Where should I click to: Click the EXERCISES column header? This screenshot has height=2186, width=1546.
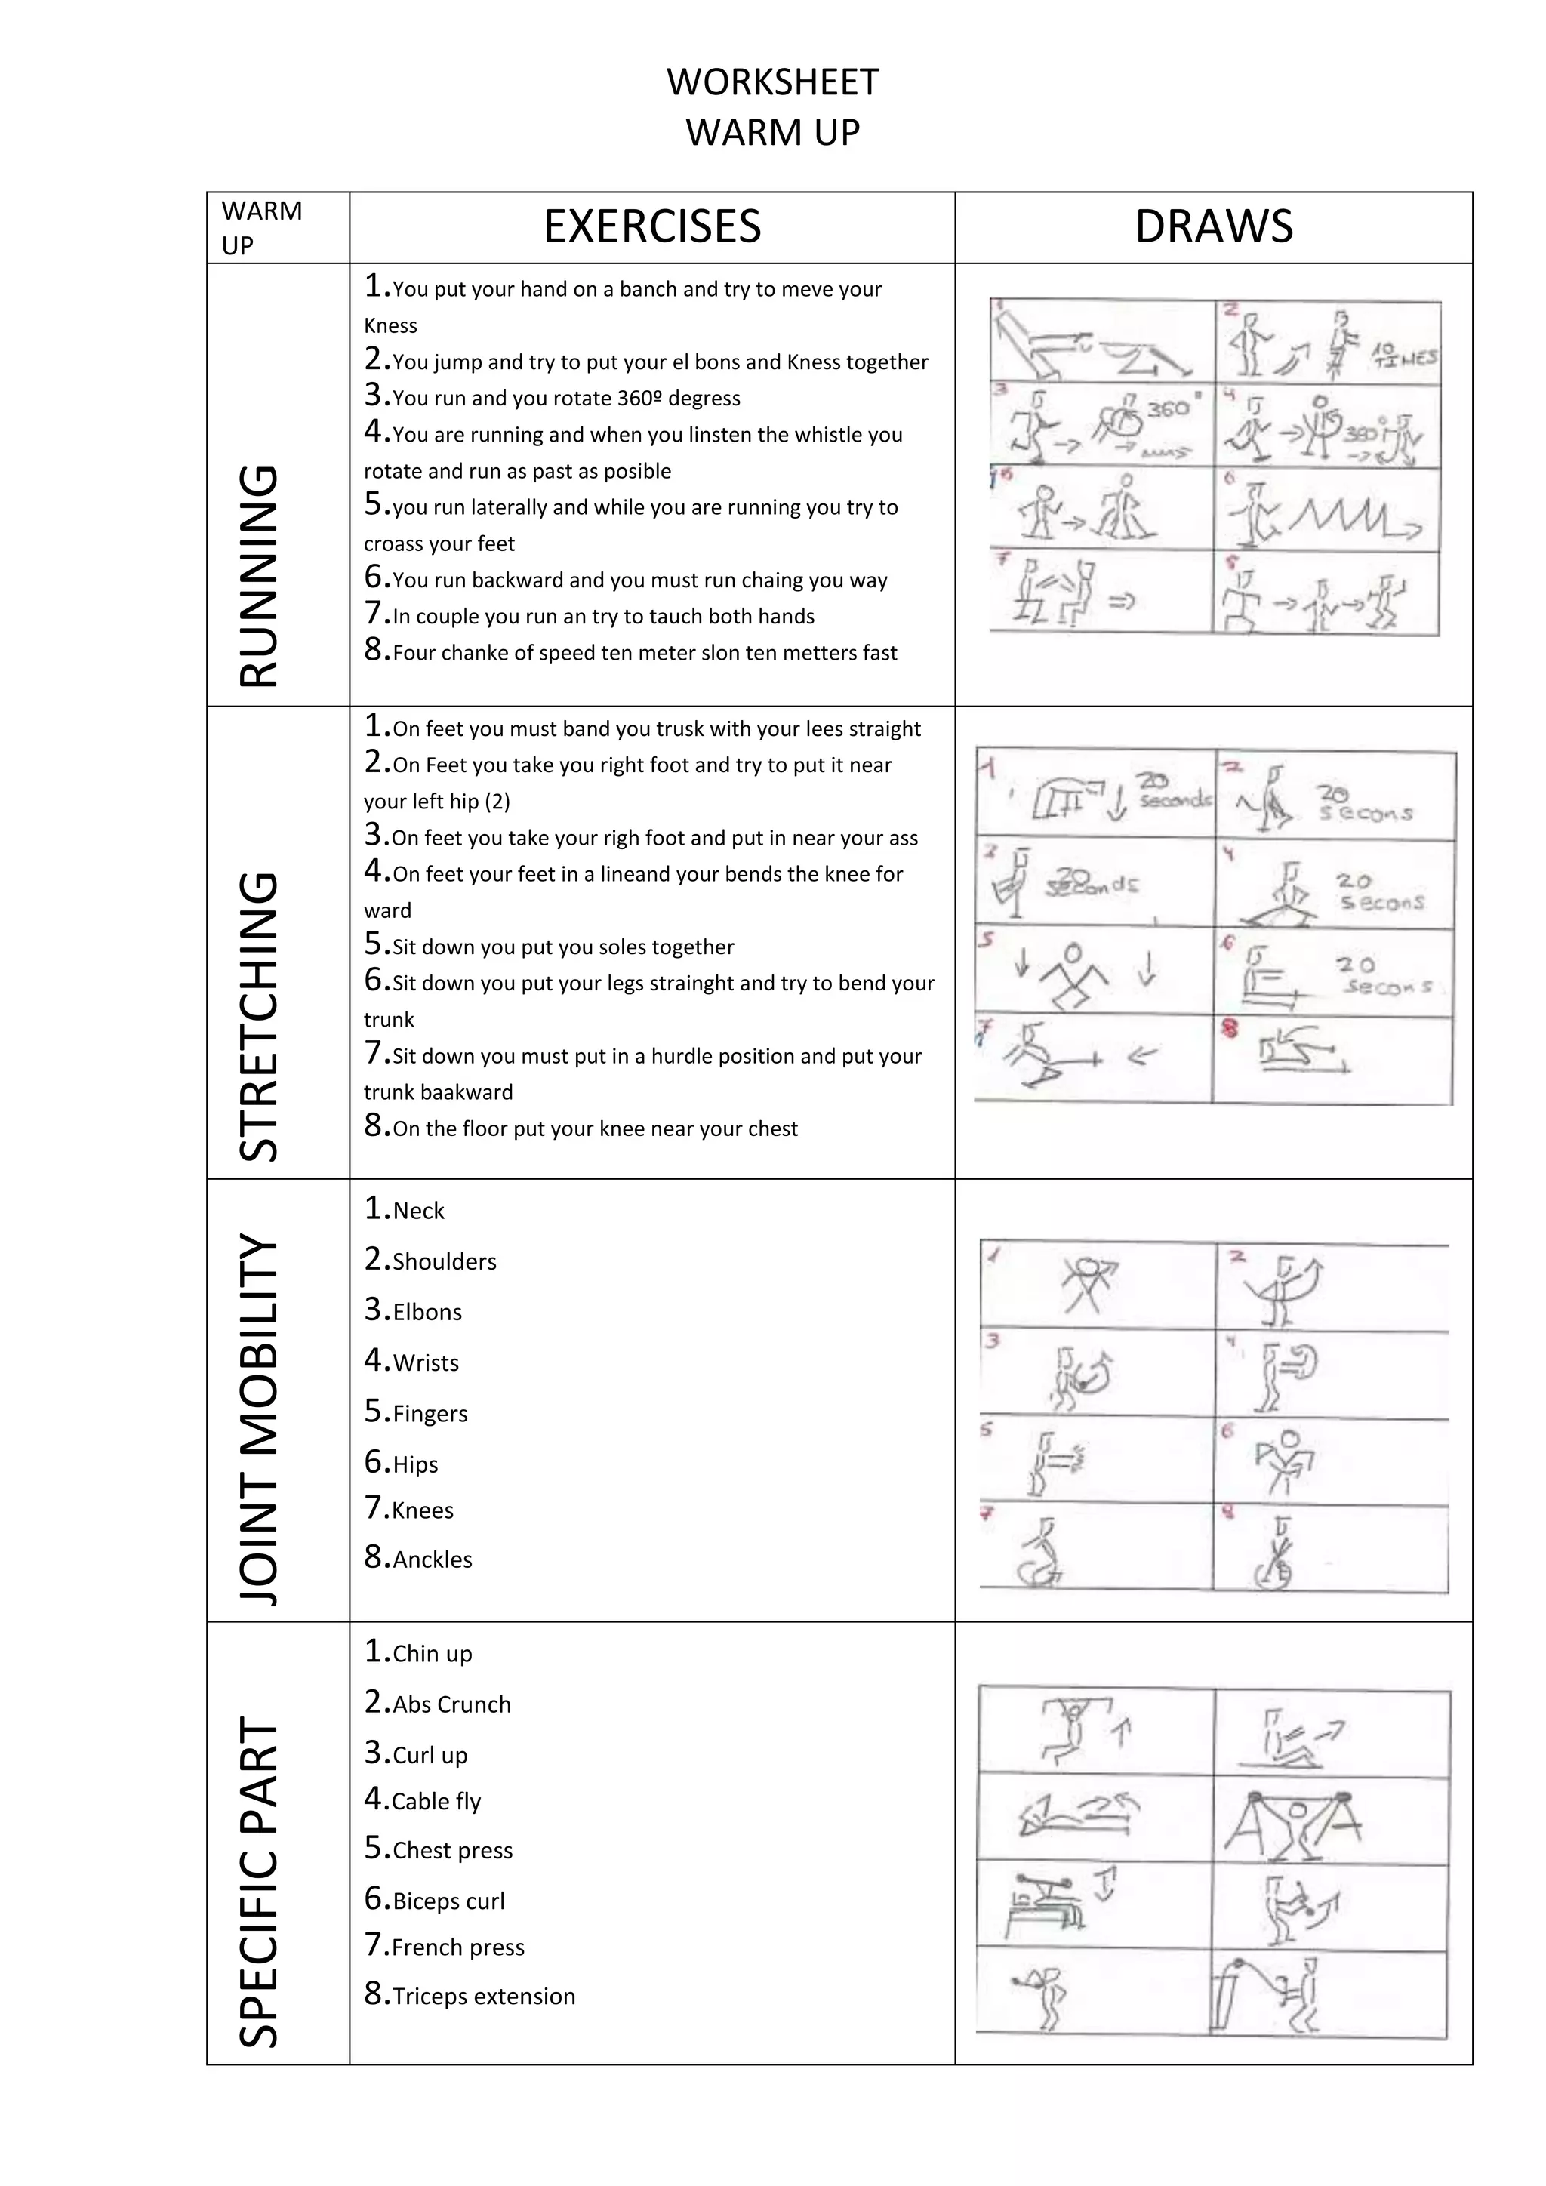tap(652, 226)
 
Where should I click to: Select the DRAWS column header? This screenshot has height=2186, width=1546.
tap(1214, 226)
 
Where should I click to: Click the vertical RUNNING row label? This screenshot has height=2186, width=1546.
tap(258, 576)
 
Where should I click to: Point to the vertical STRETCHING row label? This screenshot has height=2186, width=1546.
tap(258, 1016)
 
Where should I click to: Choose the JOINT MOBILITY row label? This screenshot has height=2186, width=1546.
tap(258, 1418)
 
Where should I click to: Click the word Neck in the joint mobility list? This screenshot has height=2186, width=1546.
tap(418, 1211)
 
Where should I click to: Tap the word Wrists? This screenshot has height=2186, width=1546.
tap(426, 1363)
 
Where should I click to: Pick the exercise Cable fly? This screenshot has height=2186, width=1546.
tap(436, 1801)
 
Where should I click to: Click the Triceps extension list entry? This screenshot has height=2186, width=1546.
tap(484, 1996)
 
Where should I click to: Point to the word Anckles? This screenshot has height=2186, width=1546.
tap(433, 1559)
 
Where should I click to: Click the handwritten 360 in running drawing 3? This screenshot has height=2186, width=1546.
tap(1168, 408)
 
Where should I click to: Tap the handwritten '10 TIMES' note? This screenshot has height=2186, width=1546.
tap(1403, 355)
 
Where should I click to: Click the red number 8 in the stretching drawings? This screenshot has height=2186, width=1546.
tap(1230, 1028)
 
